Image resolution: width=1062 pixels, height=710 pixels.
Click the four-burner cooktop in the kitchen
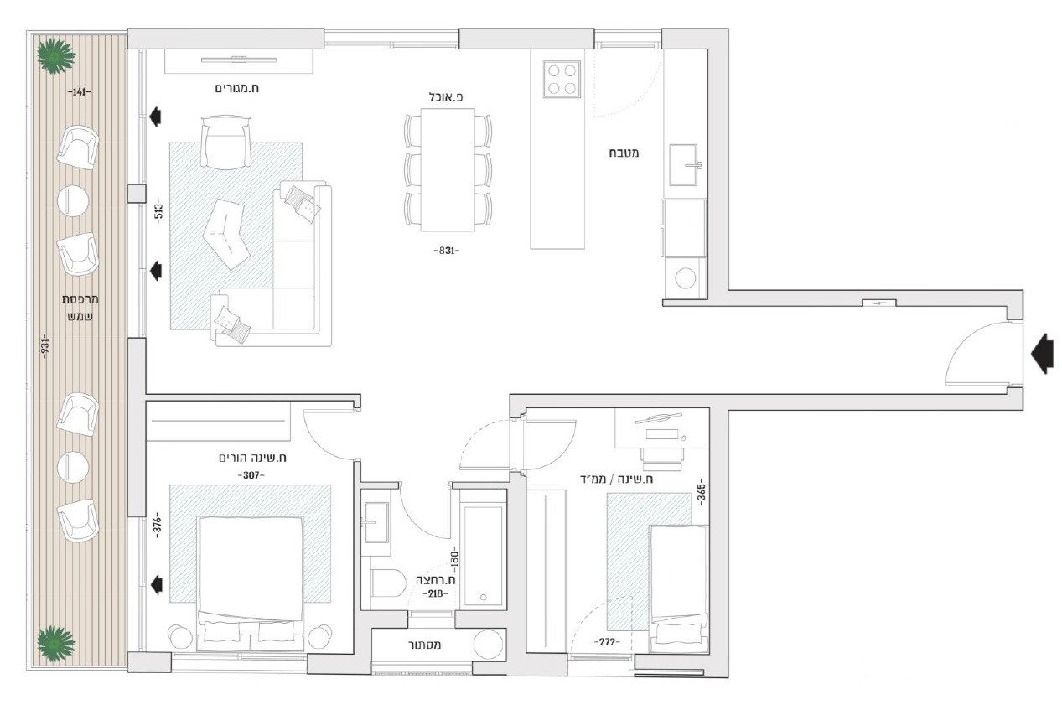[x=562, y=79]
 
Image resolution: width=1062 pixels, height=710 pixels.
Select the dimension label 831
[x=446, y=251]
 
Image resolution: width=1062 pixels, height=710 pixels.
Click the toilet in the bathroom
[x=388, y=581]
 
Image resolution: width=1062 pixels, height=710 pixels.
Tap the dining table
[x=447, y=168]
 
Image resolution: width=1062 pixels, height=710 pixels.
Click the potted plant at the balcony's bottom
[x=56, y=643]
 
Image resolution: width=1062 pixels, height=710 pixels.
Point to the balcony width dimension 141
[x=80, y=91]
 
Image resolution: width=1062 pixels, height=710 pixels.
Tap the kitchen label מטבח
[x=625, y=153]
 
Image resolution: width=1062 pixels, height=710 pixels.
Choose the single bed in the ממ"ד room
[x=679, y=588]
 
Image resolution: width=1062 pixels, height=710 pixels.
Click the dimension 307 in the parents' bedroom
[x=251, y=475]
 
